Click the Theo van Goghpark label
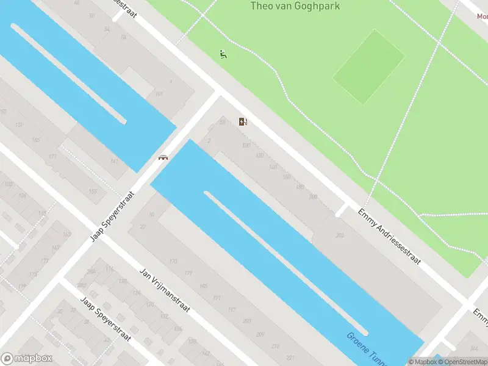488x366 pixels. (x=295, y=7)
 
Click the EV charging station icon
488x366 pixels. (x=243, y=121)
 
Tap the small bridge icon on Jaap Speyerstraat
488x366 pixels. (x=163, y=157)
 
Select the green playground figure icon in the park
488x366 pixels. (x=223, y=54)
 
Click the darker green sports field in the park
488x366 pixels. (x=368, y=67)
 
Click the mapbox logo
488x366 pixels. (x=27, y=359)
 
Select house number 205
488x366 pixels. (x=339, y=235)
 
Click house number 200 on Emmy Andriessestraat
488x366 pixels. (x=314, y=196)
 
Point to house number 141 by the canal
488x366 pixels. (x=114, y=161)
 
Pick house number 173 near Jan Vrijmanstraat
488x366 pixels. (x=173, y=262)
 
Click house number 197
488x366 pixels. (x=232, y=310)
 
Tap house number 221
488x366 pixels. (x=290, y=357)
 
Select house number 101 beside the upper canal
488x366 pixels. (x=159, y=94)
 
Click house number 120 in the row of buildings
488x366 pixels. (x=259, y=156)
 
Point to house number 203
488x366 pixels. (x=246, y=321)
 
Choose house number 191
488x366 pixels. (x=217, y=298)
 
